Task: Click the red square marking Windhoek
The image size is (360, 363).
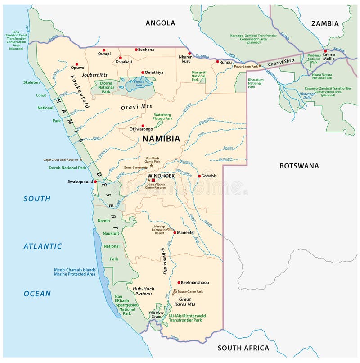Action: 153,180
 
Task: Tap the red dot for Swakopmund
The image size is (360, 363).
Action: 95,182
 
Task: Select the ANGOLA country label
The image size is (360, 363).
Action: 160,23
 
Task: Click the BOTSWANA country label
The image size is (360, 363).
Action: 299,166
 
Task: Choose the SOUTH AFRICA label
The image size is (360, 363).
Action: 243,348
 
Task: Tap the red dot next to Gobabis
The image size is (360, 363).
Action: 199,176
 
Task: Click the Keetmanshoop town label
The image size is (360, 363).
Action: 195,282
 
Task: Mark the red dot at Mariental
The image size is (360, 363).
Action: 175,233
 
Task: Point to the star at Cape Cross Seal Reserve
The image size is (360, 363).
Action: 81,159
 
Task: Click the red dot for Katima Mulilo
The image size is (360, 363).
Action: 325,51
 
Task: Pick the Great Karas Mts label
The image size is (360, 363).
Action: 185,302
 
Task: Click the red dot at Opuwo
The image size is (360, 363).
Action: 76,64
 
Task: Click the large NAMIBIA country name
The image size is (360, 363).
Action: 161,139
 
